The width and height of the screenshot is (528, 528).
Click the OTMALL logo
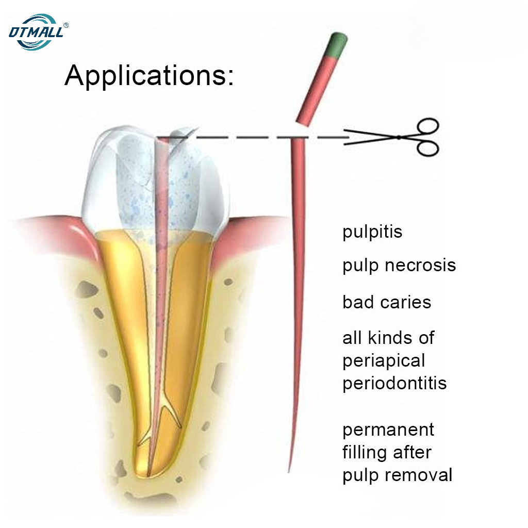pos(37,32)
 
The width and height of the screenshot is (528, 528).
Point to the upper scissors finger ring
pos(428,128)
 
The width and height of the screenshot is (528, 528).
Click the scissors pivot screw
pos(399,137)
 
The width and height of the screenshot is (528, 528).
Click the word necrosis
pos(420,265)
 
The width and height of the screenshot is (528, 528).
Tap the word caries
pos(405,302)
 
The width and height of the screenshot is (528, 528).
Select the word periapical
pos(384,361)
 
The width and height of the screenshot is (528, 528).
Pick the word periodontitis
pos(394,384)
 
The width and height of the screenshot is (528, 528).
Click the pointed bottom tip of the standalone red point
pos(289,472)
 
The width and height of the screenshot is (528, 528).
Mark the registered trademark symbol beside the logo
pos(66,25)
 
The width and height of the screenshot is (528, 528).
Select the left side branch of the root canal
pos(145,438)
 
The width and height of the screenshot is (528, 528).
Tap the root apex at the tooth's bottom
pos(148,475)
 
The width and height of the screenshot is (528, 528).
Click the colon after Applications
pos(230,78)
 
